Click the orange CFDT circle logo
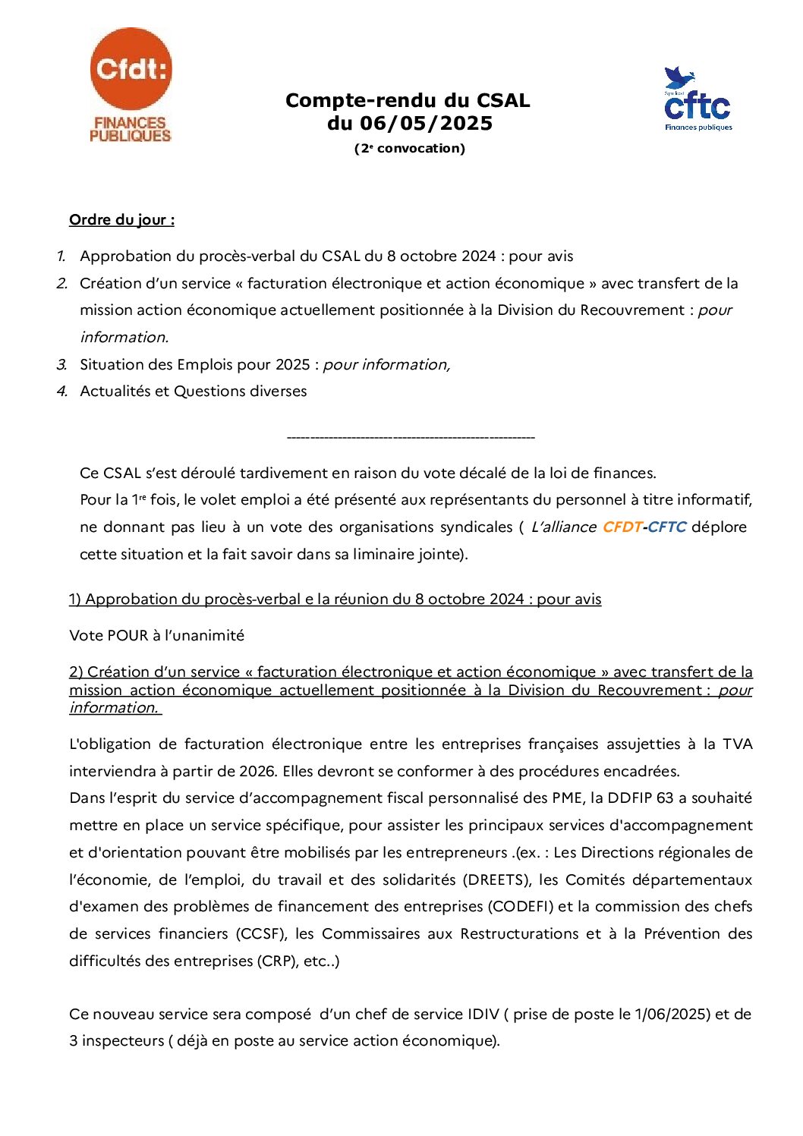(x=131, y=69)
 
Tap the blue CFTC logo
(x=698, y=100)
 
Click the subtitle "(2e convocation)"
(x=410, y=149)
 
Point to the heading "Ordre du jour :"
(x=121, y=220)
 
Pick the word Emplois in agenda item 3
(x=205, y=365)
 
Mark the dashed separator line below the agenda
(x=411, y=437)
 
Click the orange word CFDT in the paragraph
(x=622, y=527)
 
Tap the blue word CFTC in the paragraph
(x=667, y=527)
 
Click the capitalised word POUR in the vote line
(x=128, y=636)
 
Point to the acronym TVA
(x=737, y=744)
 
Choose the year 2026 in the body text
(x=257, y=772)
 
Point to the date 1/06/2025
(x=672, y=1015)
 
